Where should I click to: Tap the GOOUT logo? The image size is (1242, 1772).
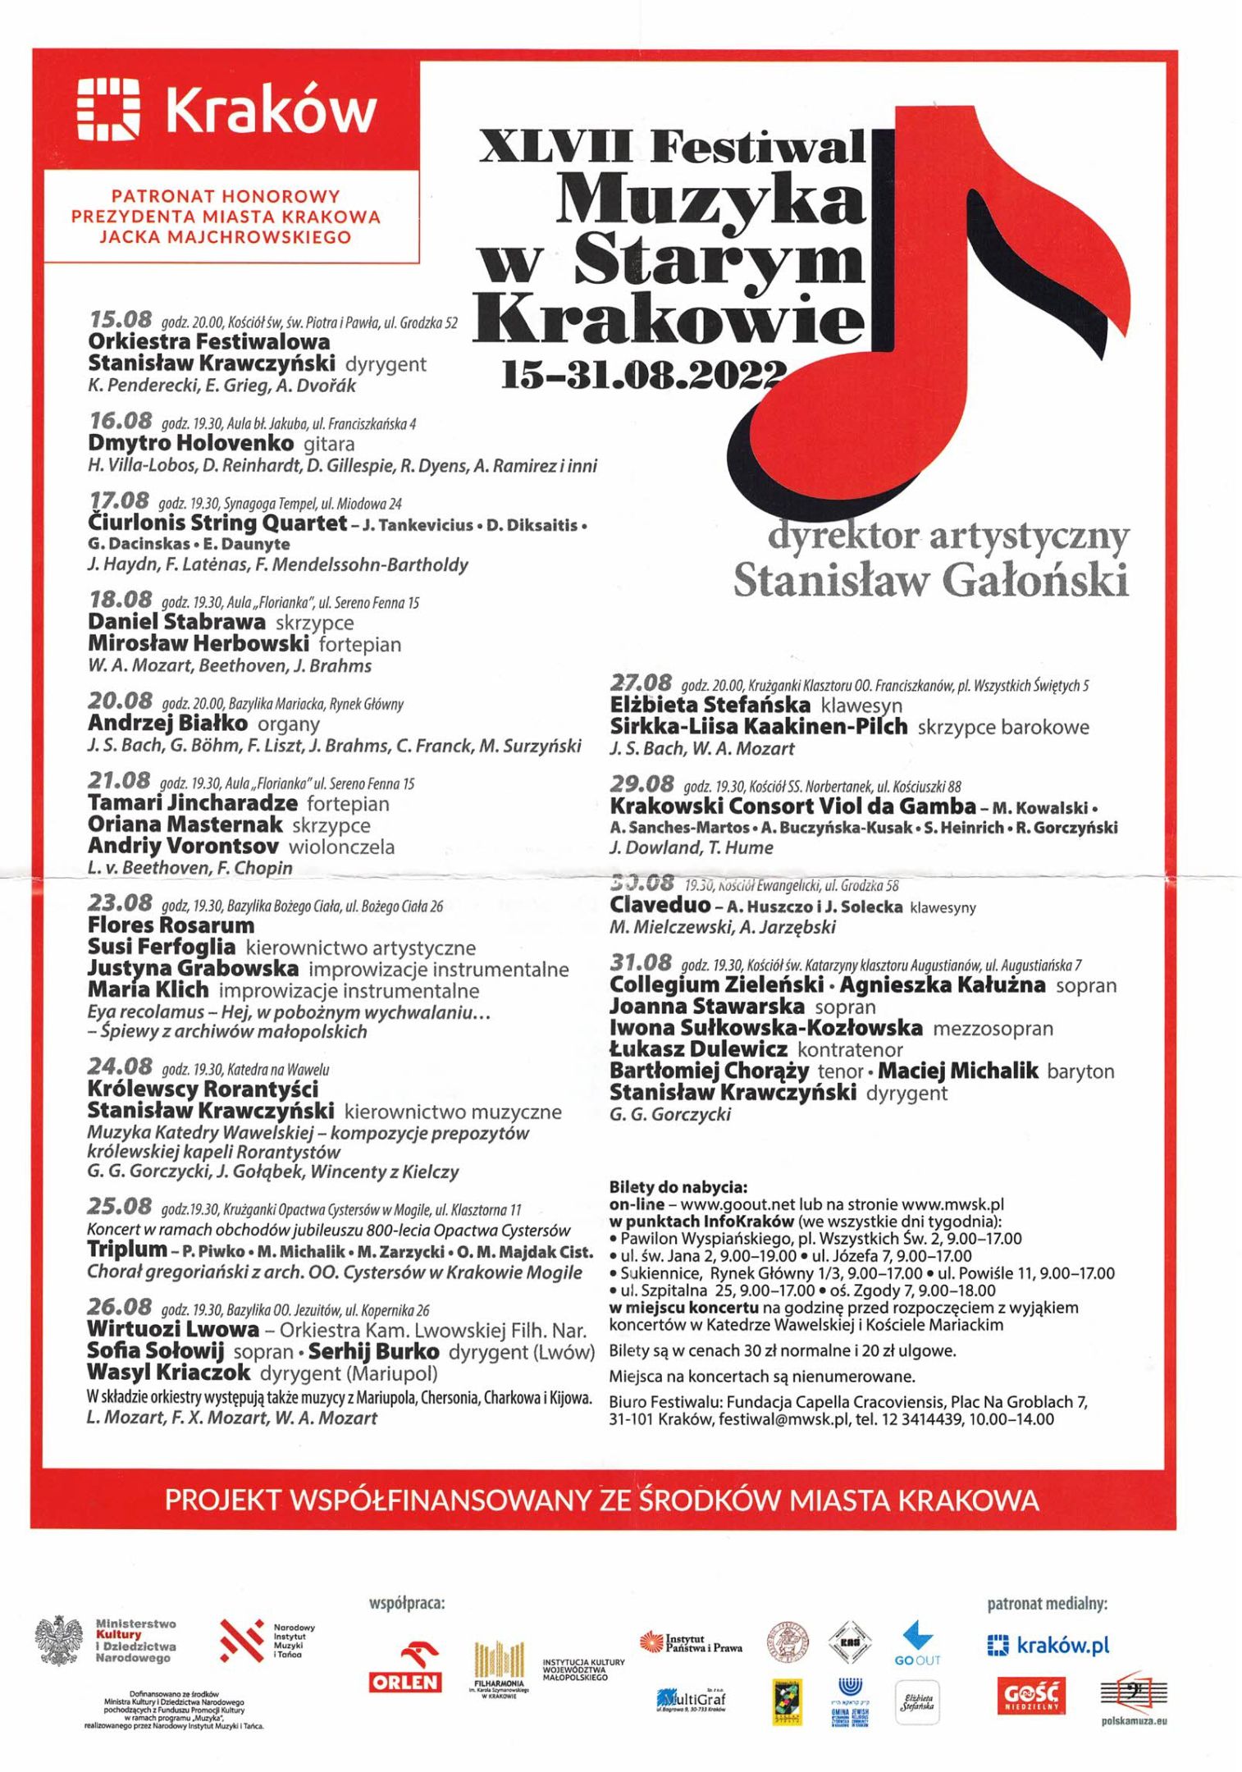917,1643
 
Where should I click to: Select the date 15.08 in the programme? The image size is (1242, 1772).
121,319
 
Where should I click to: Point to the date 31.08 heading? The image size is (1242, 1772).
641,962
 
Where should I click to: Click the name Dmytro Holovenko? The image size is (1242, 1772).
190,444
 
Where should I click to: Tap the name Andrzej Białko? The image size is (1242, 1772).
167,724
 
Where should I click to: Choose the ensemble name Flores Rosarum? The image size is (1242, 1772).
171,925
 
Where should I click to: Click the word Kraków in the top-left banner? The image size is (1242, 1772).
272,111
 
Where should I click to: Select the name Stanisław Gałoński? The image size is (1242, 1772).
930,580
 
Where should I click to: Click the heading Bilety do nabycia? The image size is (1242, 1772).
678,1187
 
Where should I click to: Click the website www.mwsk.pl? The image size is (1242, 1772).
952,1204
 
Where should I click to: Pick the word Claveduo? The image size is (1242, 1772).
660,906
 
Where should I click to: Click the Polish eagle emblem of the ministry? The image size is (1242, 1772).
60,1641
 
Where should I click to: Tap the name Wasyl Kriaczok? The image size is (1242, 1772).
168,1373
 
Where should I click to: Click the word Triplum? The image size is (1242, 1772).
127,1250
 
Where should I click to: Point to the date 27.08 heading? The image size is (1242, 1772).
641,683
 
